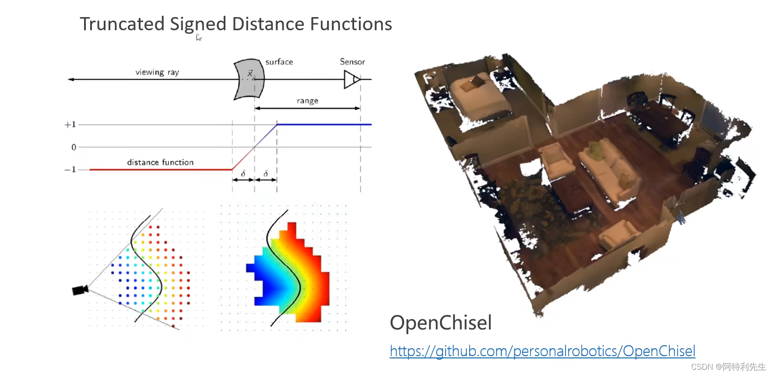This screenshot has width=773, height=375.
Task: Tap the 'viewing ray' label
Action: [x=157, y=72]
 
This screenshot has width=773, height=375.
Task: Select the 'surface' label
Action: [x=279, y=62]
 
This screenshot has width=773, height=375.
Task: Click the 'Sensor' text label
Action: [x=352, y=62]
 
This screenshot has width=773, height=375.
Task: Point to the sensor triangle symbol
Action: [x=351, y=80]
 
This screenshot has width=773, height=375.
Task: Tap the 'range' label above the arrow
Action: [x=307, y=101]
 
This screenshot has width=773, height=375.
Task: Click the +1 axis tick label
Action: [x=70, y=125]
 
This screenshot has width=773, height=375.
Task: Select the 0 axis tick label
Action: [x=74, y=147]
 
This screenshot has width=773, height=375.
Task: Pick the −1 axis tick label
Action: [x=70, y=170]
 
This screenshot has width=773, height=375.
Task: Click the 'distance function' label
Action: [x=160, y=163]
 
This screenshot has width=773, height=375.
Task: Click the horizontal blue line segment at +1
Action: [x=324, y=124]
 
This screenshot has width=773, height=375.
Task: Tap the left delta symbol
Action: [x=243, y=174]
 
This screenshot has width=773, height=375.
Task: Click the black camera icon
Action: [x=80, y=290]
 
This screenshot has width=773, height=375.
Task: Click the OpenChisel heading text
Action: [x=440, y=323]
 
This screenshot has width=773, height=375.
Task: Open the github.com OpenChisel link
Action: [x=542, y=351]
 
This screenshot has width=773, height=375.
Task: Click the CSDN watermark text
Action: [x=728, y=367]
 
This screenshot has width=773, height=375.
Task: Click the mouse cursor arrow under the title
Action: [x=198, y=37]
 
